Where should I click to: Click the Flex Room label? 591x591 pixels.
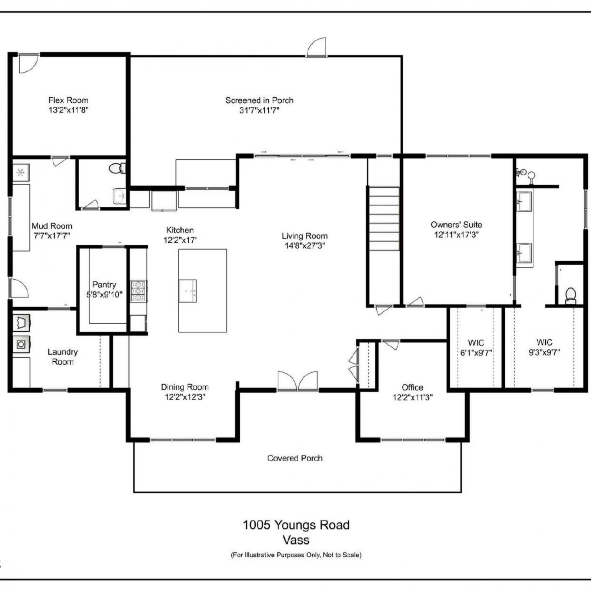(68, 100)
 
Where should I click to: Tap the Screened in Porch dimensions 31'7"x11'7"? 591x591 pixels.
(259, 110)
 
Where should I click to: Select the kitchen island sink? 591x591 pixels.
(188, 291)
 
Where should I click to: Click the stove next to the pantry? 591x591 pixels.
(138, 291)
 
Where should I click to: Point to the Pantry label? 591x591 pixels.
(104, 284)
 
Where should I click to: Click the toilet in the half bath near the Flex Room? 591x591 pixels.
(117, 169)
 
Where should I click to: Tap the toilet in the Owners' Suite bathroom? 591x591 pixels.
(571, 295)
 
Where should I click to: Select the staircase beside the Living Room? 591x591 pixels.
(384, 219)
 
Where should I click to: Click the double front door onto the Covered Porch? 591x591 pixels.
(297, 381)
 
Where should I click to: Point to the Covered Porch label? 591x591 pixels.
(295, 458)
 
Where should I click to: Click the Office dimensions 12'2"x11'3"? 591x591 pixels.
(413, 397)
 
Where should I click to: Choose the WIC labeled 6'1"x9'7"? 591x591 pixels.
(476, 348)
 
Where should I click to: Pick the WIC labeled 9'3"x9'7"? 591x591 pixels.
(544, 348)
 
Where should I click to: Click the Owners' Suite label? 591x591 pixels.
(456, 225)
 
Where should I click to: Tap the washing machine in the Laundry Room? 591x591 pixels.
(21, 344)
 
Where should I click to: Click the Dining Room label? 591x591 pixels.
(184, 387)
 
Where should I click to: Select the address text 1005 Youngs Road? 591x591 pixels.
(296, 525)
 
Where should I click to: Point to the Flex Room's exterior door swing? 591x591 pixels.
(29, 63)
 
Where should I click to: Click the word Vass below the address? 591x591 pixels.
(296, 540)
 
